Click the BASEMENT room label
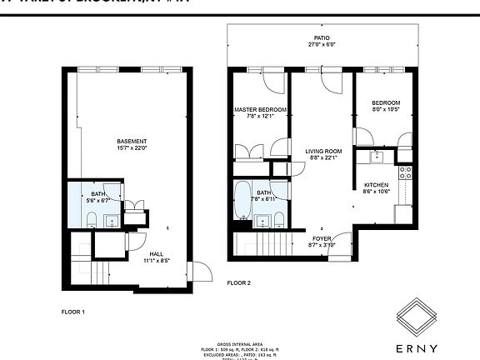[x=132, y=141]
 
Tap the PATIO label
[x=322, y=38]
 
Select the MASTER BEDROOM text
[x=260, y=110]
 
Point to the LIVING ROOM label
[x=322, y=151]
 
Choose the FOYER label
[x=321, y=237]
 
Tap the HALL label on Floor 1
[x=157, y=253]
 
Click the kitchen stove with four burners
[x=406, y=173]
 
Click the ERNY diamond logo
[x=415, y=316]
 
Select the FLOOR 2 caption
[x=239, y=283]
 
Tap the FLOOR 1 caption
[x=73, y=312]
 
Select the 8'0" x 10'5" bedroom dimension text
[x=385, y=109]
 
